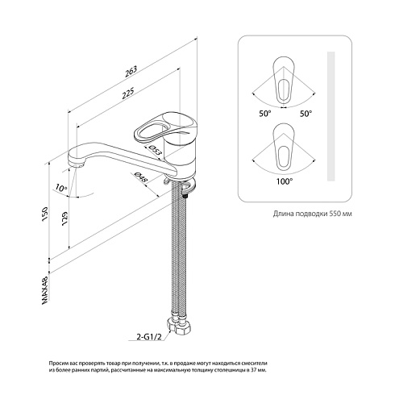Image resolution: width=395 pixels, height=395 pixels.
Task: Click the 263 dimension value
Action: tap(131, 72)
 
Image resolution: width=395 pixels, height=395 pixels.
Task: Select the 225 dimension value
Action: tap(128, 94)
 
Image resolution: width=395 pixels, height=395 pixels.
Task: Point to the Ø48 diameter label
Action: tap(141, 177)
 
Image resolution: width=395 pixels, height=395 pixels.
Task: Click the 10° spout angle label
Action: tap(61, 188)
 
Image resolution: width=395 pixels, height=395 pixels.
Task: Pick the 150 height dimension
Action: tap(44, 214)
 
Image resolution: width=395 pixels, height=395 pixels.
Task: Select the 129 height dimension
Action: tap(64, 219)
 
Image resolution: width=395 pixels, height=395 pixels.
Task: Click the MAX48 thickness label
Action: tap(45, 290)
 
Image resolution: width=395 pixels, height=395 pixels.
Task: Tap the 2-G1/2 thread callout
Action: tap(149, 337)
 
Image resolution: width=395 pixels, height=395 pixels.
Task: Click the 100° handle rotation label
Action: tap(285, 181)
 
